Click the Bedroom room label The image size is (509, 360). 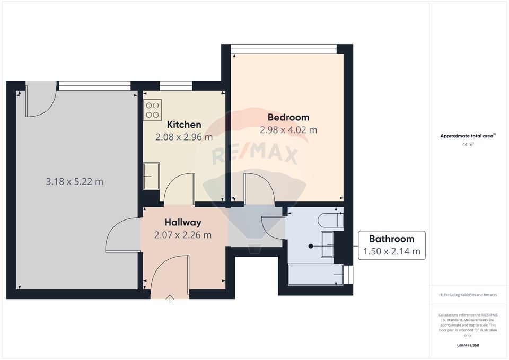tap(288, 117)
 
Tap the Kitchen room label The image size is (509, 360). tap(184, 125)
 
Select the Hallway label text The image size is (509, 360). tap(182, 222)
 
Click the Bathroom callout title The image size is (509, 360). tap(391, 239)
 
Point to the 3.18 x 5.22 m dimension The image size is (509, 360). tap(74, 182)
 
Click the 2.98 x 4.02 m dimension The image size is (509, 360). tap(288, 130)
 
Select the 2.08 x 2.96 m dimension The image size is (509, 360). tap(183, 137)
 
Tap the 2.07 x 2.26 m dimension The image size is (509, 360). tap(182, 235)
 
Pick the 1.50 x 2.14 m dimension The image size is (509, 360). tap(391, 252)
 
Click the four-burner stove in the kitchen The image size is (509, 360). tap(153, 110)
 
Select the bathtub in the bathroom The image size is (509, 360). tap(315, 275)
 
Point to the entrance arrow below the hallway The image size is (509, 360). tap(170, 298)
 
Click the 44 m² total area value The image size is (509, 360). tap(468, 144)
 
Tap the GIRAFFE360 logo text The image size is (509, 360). tap(468, 345)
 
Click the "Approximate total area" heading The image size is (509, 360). tap(467, 136)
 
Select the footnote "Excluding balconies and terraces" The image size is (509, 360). tap(468, 295)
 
